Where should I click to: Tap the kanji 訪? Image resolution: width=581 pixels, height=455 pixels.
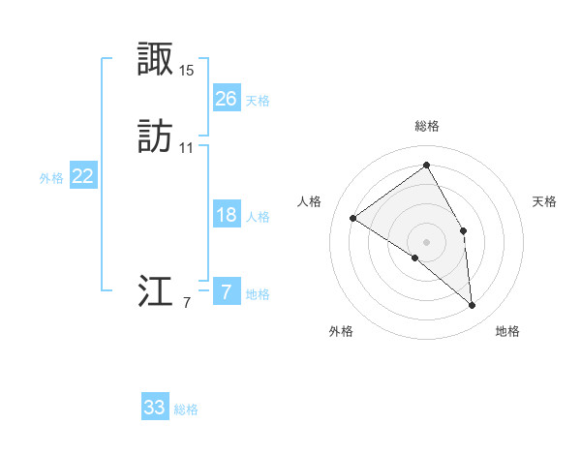click(x=156, y=137)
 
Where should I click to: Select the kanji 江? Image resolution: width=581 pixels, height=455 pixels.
click(x=156, y=291)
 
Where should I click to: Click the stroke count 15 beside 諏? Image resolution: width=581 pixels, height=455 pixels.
click(x=187, y=71)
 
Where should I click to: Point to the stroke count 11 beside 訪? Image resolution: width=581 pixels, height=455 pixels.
click(x=187, y=148)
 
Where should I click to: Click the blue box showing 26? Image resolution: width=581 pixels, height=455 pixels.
click(x=226, y=99)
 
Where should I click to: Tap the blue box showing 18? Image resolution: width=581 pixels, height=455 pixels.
click(x=226, y=215)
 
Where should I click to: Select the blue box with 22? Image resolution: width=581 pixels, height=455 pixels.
click(x=83, y=176)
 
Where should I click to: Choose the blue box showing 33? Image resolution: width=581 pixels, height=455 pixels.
click(x=155, y=408)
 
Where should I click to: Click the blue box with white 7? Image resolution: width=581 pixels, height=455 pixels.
click(x=226, y=292)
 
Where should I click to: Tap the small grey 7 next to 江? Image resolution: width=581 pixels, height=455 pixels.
click(x=187, y=303)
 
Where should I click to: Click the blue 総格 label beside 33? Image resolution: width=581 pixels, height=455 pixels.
click(x=187, y=409)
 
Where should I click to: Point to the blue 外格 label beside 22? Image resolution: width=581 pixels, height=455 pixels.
click(x=51, y=178)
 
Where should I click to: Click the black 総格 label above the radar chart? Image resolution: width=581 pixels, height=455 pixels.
click(x=427, y=126)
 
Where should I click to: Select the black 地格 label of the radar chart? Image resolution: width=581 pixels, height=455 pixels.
click(x=507, y=331)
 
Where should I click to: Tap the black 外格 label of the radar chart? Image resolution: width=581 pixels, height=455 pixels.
click(x=341, y=331)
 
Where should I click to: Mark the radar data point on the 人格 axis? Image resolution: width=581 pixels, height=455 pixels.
click(x=353, y=218)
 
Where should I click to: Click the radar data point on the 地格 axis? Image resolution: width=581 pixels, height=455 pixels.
click(x=473, y=305)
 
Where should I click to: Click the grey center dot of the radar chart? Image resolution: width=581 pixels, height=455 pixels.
click(x=427, y=241)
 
